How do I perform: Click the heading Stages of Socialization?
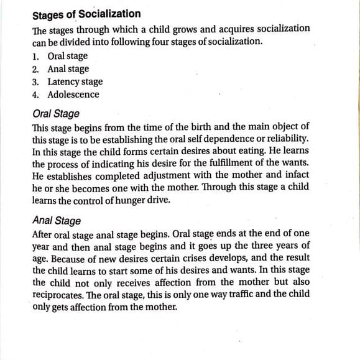(86, 13)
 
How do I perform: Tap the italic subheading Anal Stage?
(56, 221)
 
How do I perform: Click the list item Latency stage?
(75, 82)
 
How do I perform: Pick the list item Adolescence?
(73, 95)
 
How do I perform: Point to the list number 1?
(35, 57)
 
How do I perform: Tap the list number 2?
(35, 69)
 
